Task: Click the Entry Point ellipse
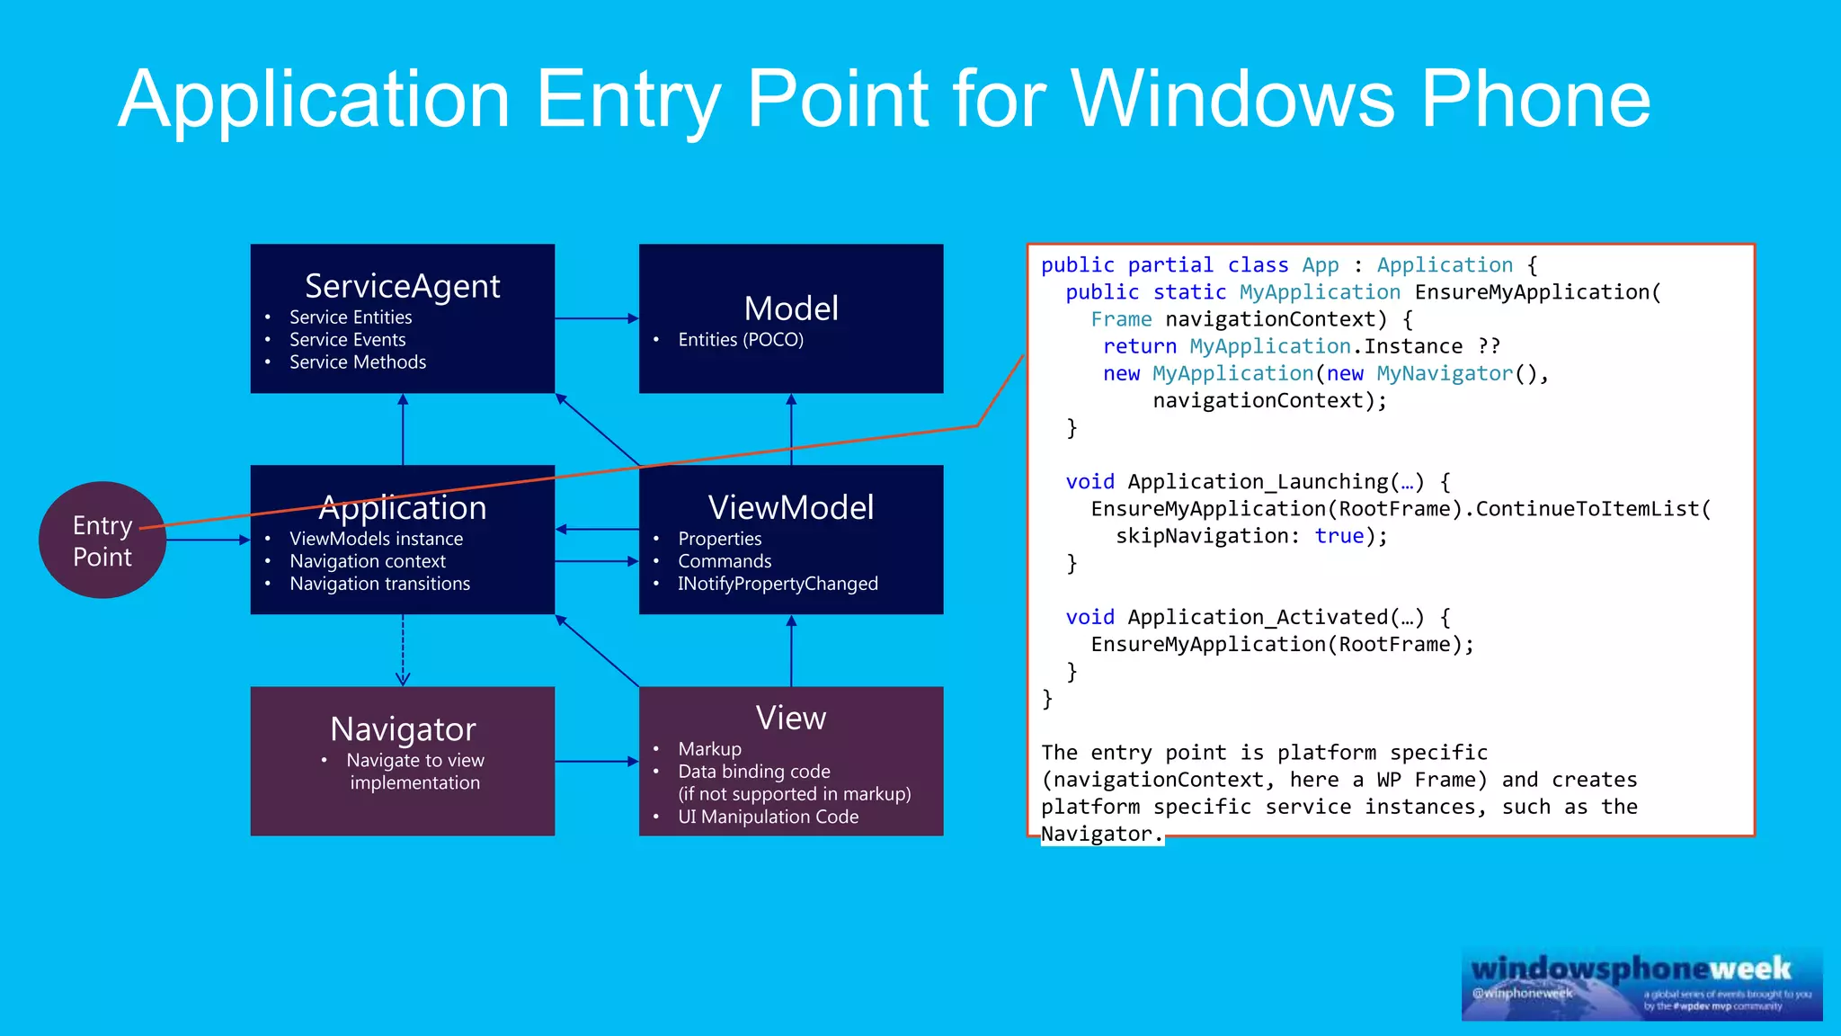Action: point(102,540)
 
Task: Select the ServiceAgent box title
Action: point(402,286)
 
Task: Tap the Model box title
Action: point(791,308)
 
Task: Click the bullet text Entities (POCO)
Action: point(740,340)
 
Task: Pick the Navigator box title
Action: point(402,728)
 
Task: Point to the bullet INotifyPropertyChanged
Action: point(778,584)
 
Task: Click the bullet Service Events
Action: point(347,340)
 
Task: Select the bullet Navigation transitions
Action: point(379,584)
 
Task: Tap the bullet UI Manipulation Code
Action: point(768,817)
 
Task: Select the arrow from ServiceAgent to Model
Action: point(596,318)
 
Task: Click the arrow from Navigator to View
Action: point(596,762)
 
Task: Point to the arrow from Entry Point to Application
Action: point(207,540)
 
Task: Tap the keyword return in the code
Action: point(1139,346)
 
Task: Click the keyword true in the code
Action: point(1339,536)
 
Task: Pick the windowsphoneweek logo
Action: point(1641,983)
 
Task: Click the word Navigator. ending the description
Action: point(1101,835)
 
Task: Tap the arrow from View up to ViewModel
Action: point(791,652)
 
